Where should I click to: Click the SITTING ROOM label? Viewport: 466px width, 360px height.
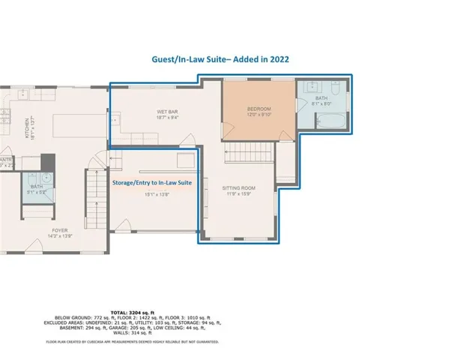(x=239, y=188)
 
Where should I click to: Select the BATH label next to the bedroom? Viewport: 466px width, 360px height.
(x=321, y=98)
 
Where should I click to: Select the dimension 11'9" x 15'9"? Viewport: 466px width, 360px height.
(x=239, y=194)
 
